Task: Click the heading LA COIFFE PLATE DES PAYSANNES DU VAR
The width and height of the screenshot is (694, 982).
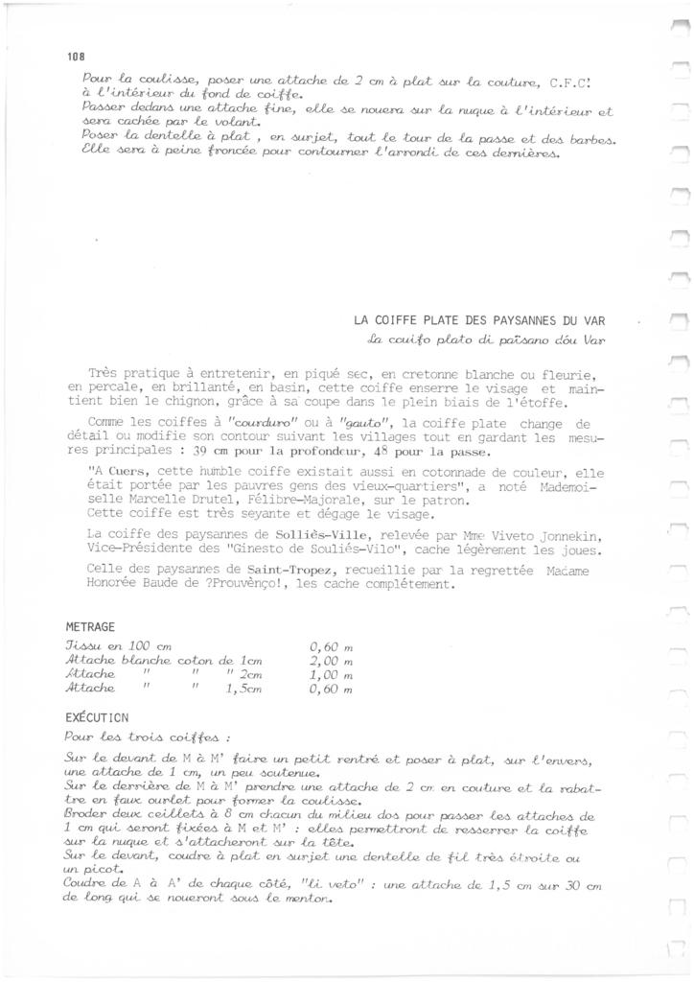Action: [x=480, y=320]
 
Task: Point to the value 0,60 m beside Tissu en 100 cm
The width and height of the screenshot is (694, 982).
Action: [x=333, y=646]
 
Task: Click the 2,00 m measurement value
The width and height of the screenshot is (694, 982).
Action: [x=333, y=661]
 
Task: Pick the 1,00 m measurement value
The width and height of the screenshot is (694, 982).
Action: [x=333, y=674]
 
